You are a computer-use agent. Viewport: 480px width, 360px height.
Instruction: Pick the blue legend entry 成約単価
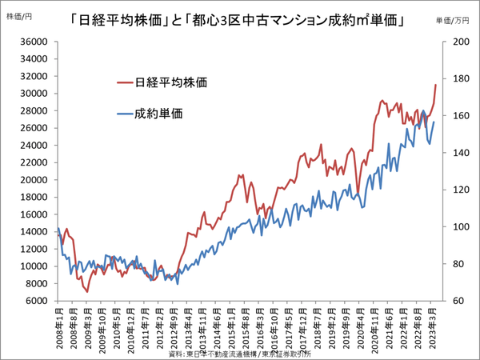[x=159, y=114]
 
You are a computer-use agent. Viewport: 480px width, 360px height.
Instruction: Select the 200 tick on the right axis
[x=453, y=42]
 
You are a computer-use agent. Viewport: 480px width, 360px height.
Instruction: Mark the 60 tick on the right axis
[x=450, y=301]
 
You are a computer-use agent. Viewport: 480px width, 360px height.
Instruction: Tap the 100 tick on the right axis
[x=453, y=226]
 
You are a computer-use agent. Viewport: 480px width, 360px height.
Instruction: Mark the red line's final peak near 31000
[x=435, y=85]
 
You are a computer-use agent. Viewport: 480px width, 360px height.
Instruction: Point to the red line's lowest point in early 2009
[x=86, y=291]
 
